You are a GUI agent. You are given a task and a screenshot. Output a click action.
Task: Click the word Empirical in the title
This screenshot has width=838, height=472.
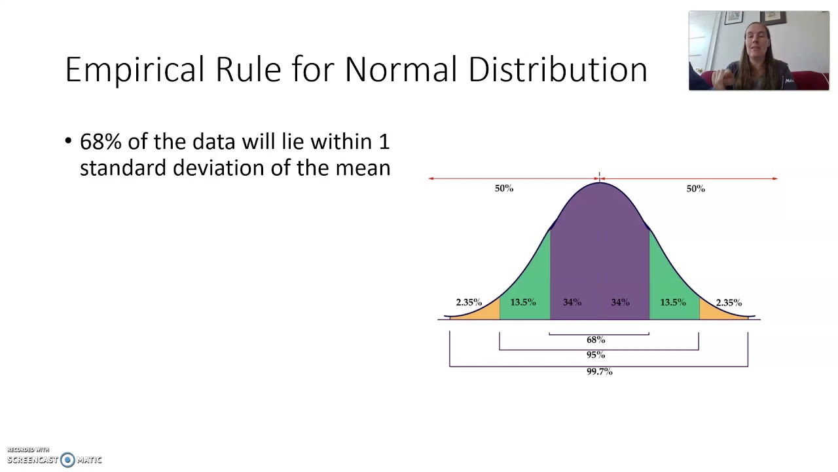pos(136,69)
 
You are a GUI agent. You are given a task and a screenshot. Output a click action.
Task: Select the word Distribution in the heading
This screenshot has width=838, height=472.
pos(558,69)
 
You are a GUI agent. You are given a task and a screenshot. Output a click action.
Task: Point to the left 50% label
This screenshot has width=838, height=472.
pos(504,189)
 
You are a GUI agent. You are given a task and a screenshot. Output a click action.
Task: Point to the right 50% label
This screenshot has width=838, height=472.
pos(695,189)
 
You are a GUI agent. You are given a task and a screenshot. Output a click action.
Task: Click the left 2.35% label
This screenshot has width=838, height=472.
pos(469,302)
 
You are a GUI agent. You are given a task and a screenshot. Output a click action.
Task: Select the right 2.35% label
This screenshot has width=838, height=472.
pos(729,302)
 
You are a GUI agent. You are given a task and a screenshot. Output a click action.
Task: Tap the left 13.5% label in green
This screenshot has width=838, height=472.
pos(523,302)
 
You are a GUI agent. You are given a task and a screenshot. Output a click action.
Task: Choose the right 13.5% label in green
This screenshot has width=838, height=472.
pos(673,302)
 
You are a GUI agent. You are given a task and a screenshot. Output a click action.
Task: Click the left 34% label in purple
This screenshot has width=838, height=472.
pos(572,302)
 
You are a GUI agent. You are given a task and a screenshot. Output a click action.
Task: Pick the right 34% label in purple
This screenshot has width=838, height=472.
pos(621,302)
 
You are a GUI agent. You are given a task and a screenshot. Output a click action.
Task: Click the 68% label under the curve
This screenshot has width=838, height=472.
pos(596,340)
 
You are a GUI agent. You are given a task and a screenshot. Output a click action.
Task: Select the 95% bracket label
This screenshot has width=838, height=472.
pos(596,355)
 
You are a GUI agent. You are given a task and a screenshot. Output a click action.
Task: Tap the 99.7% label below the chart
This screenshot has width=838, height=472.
pos(599,372)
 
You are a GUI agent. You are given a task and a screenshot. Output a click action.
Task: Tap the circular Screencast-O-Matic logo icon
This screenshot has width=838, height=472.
pos(67,460)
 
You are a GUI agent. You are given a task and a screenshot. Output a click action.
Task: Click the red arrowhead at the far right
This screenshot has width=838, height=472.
pos(775,178)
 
